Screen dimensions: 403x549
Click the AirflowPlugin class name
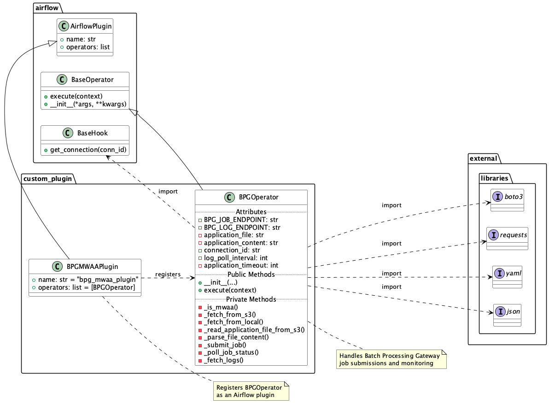click(91, 26)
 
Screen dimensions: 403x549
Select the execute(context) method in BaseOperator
click(76, 96)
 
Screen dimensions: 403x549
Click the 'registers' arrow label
click(168, 274)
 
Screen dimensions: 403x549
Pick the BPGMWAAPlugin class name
click(92, 266)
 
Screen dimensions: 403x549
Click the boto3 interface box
click(507, 200)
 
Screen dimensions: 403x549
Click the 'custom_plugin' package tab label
click(47, 179)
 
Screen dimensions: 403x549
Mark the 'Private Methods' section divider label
click(251, 299)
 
